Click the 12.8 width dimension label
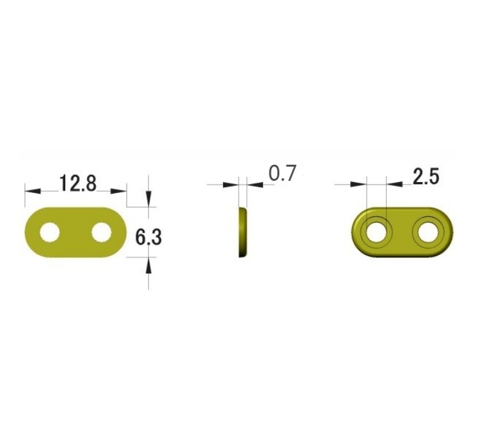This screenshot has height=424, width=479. coord(78,183)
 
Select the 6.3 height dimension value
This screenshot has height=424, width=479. coord(148,237)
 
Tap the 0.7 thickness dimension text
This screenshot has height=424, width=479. coord(282,173)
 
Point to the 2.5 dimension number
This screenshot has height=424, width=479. coord(426,176)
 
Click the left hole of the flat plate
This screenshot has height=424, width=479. coord(50,232)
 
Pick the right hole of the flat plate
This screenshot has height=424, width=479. coord(102,232)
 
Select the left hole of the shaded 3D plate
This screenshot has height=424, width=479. coord(376,233)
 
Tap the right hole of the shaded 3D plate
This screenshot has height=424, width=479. coord(428,233)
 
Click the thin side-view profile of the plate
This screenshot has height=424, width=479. coord(242,232)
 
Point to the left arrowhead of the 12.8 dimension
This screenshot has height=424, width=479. coord(33,191)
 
